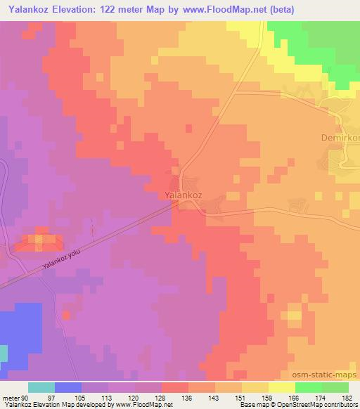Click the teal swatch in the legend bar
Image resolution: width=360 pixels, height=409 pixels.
coord(41,387)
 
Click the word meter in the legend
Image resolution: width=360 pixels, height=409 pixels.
coord(12,397)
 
